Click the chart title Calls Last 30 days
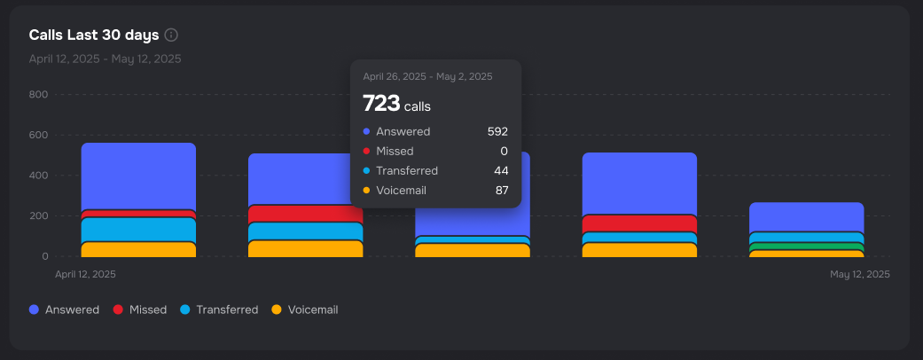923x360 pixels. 93,35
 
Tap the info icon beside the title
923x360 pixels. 171,35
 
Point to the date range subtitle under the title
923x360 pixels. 105,59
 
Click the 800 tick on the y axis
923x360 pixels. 38,95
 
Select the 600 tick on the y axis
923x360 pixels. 38,136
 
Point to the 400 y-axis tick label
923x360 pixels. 38,176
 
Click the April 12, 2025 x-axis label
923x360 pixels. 85,275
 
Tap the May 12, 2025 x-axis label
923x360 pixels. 859,275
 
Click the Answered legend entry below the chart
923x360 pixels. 64,310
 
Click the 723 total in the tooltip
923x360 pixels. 381,104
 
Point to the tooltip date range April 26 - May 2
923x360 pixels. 427,77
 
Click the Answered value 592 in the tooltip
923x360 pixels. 497,132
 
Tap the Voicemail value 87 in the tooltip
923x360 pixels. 502,191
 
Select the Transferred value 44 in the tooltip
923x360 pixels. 501,171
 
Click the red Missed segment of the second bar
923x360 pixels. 306,214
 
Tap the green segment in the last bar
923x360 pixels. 806,247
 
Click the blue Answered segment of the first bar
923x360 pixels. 138,176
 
